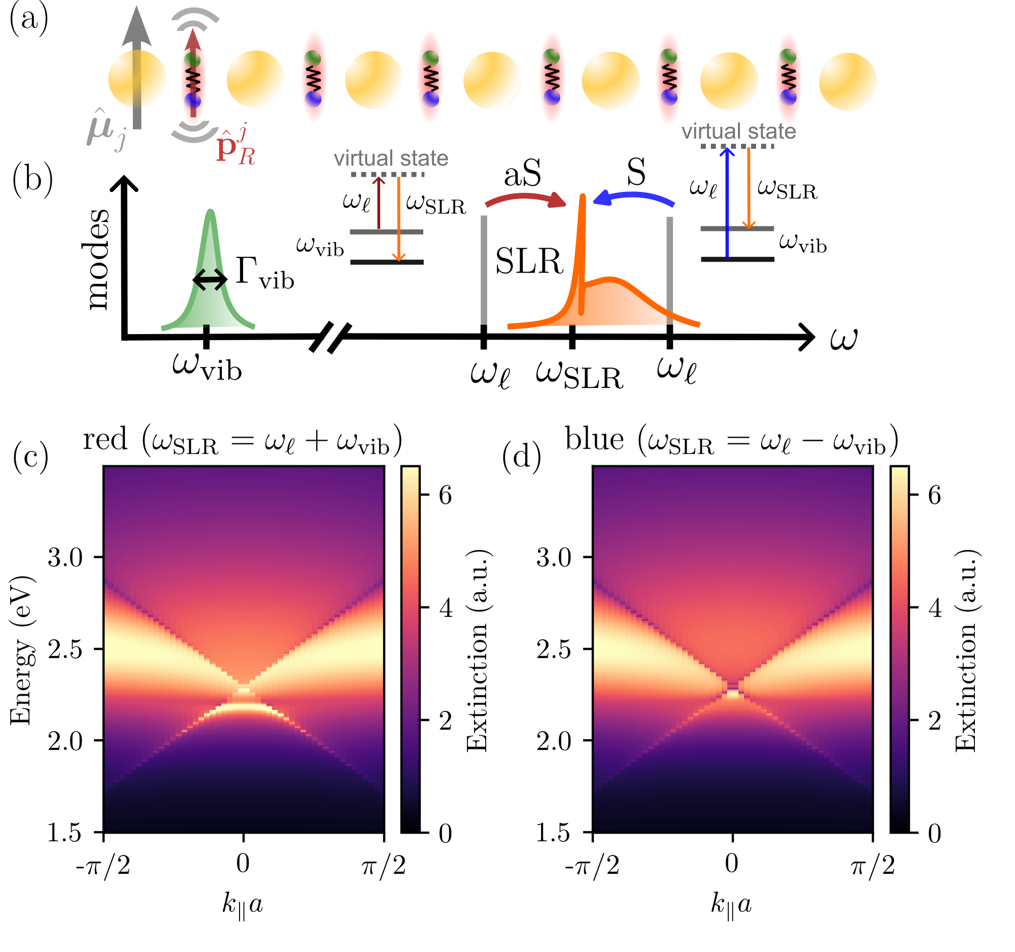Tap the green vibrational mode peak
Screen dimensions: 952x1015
(210, 286)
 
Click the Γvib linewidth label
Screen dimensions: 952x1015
(264, 273)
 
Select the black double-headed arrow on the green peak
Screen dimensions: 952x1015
(210, 279)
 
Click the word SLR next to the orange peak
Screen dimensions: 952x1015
(529, 261)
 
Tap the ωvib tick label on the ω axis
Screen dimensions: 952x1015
(207, 366)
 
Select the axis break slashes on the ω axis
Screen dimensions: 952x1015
(330, 337)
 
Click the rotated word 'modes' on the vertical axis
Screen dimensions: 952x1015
(96, 259)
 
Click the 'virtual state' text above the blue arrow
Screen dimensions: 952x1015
(738, 132)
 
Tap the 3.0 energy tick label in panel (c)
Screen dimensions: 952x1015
(65, 557)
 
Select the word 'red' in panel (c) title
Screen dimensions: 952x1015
(105, 439)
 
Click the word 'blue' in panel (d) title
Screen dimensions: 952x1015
(594, 439)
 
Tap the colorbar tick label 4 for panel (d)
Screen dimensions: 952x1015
(935, 608)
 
